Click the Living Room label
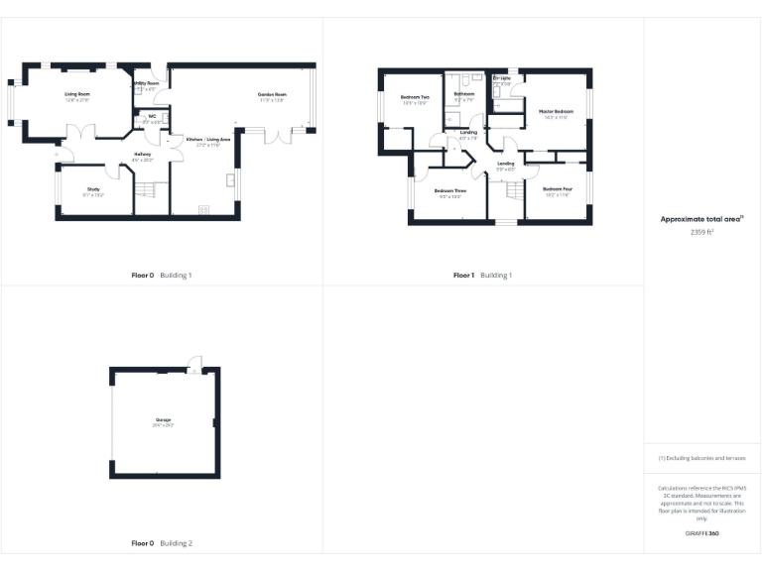77,94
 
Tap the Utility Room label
147,84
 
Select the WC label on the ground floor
152,117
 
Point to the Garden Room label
272,94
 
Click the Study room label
93,188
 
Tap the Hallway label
143,155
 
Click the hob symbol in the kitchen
204,208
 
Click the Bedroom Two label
414,97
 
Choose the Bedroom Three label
450,190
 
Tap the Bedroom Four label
558,188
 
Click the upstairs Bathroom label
464,95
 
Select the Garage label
163,421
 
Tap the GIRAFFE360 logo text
701,534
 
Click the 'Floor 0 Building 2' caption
162,543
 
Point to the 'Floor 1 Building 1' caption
483,275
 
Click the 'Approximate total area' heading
701,218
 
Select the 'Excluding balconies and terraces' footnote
701,458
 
